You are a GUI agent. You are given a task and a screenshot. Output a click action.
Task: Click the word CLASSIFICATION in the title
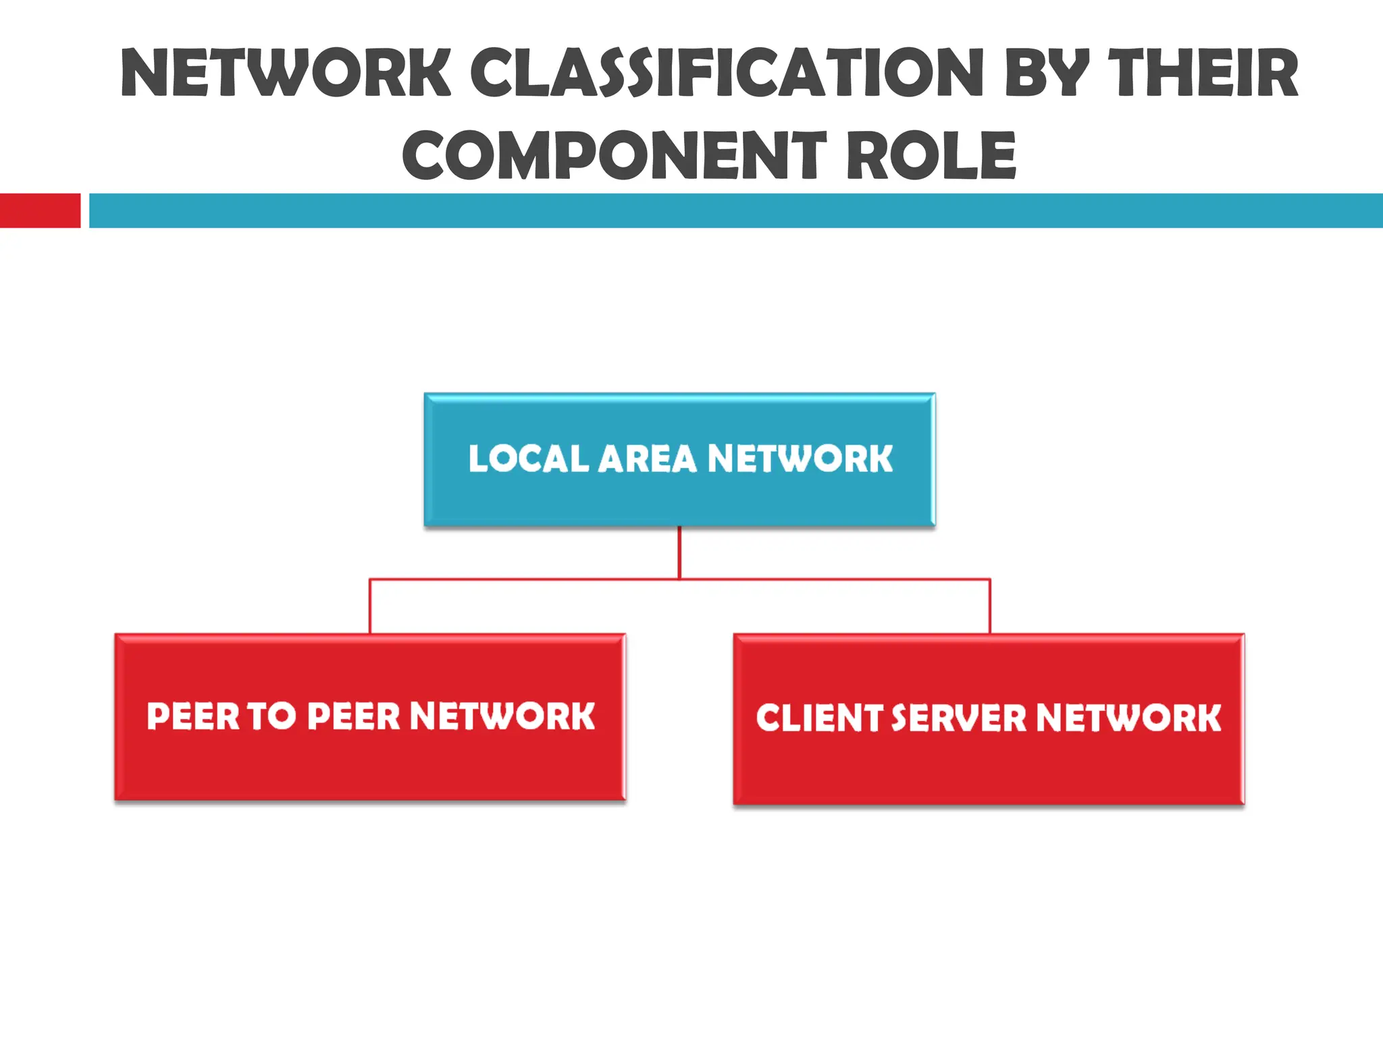tap(726, 73)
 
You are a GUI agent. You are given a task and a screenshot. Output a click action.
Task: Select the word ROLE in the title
tap(931, 156)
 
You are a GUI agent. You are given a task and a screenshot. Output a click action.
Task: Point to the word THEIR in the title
tap(1203, 73)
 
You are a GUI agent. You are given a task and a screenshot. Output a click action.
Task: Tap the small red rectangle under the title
tap(40, 211)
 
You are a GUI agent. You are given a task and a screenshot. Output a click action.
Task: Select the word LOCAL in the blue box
tap(529, 459)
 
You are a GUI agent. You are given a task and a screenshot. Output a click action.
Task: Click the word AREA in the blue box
tap(647, 459)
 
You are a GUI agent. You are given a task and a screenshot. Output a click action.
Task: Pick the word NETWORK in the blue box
tap(800, 459)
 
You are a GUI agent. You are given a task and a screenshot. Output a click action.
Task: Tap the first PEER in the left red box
tap(193, 716)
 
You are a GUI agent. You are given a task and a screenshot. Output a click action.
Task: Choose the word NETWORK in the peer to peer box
tap(502, 716)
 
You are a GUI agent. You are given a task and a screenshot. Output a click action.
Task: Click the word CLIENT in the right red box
tap(818, 718)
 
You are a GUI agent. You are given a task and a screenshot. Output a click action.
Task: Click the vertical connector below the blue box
tap(679, 552)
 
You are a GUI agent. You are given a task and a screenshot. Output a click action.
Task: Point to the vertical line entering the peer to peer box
tap(370, 606)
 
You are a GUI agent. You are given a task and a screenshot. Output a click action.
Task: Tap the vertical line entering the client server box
tap(990, 606)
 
